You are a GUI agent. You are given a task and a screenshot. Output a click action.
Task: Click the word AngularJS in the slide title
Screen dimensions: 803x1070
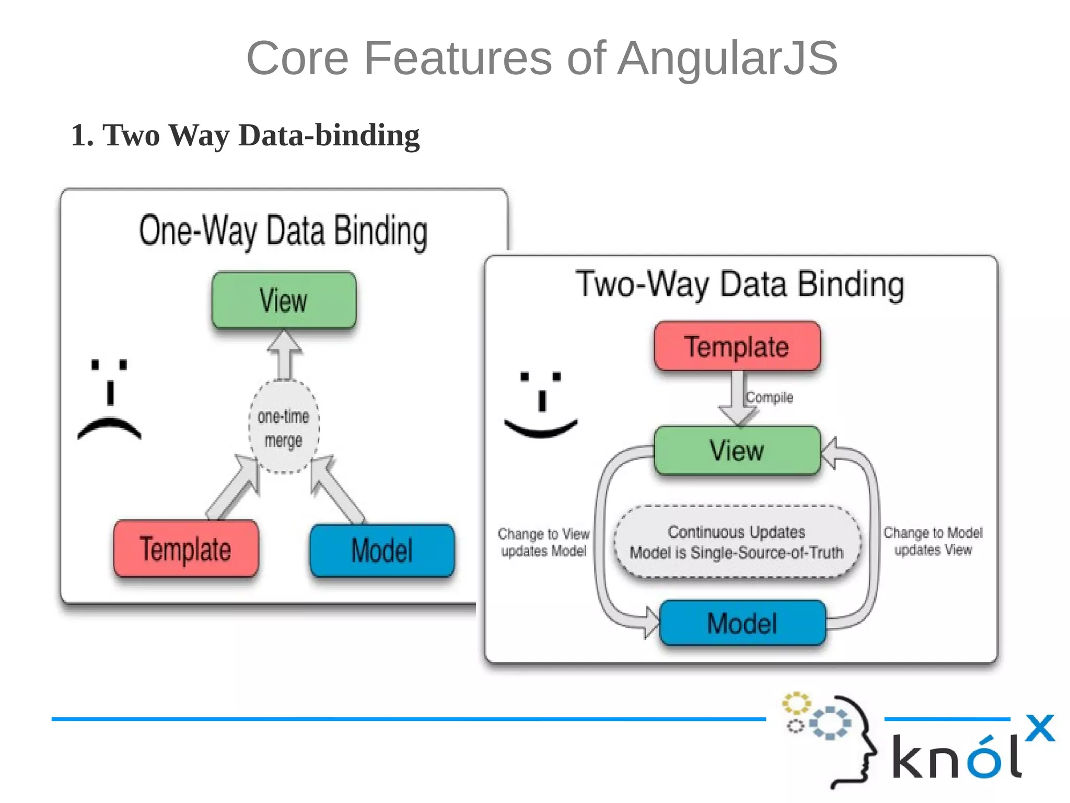[727, 59]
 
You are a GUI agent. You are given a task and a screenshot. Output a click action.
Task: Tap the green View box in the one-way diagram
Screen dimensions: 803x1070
[284, 300]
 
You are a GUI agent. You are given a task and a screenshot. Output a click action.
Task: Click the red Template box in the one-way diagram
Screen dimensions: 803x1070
[185, 549]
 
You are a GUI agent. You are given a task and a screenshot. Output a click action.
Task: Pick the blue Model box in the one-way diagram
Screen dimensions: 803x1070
[382, 550]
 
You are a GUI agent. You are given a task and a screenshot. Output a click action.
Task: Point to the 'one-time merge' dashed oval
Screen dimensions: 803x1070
[284, 427]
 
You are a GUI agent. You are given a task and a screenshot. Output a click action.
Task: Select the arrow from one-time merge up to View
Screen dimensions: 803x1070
[284, 355]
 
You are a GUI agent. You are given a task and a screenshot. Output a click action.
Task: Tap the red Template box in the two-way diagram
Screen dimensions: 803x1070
[737, 347]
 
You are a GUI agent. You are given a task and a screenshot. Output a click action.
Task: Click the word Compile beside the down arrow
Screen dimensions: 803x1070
[769, 397]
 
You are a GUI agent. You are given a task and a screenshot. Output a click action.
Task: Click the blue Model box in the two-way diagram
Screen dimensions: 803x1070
[742, 623]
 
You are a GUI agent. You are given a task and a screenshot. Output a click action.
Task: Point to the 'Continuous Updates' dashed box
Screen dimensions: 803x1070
[737, 542]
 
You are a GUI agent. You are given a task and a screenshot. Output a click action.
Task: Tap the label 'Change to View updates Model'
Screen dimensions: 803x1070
[543, 542]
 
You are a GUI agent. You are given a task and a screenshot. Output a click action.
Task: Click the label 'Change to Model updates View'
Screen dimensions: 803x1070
[933, 541]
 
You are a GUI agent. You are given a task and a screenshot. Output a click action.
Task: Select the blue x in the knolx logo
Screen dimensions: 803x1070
[1039, 728]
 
